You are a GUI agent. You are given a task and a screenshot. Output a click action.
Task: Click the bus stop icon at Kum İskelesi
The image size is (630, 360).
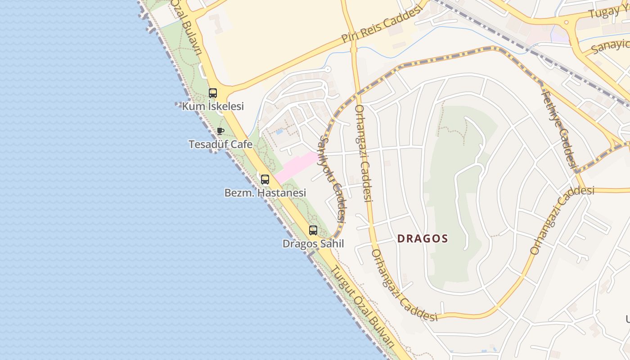[x=213, y=93]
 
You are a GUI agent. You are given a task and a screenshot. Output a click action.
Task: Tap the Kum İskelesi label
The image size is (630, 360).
[x=213, y=106]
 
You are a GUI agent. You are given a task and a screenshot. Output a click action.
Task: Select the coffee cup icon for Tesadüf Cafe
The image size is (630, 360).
[x=220, y=131]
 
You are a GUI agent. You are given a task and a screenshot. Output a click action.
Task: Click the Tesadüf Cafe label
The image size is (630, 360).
[x=220, y=144]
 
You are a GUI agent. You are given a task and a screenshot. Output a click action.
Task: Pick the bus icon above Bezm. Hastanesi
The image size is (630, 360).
[x=265, y=180]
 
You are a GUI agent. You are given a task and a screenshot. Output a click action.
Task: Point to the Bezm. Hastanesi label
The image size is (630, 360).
[x=265, y=193]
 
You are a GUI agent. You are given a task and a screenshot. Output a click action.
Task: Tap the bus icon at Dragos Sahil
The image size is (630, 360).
[x=313, y=230]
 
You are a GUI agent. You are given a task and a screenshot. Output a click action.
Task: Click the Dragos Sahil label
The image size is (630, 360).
[x=313, y=243]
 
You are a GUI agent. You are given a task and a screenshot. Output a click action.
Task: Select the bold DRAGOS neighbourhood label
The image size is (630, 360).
[x=423, y=238]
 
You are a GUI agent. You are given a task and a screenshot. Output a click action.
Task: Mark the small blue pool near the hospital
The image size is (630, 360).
[x=279, y=132]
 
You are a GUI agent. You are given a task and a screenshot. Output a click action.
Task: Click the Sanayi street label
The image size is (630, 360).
[x=610, y=45]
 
